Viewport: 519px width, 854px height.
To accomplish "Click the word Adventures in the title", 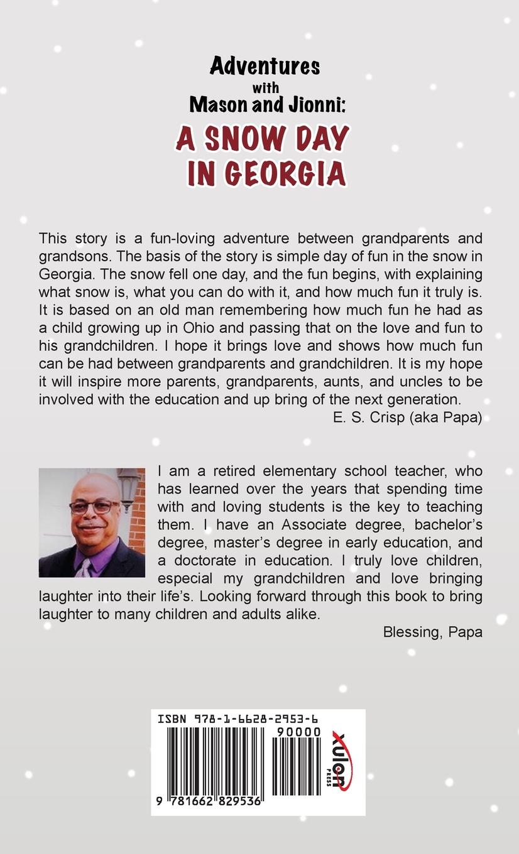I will [265, 66].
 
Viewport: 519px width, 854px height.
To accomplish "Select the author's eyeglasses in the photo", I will [93, 506].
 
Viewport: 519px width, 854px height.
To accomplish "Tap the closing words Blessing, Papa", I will [432, 632].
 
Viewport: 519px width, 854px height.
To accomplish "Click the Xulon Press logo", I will [342, 761].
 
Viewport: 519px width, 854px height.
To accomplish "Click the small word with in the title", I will [265, 87].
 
